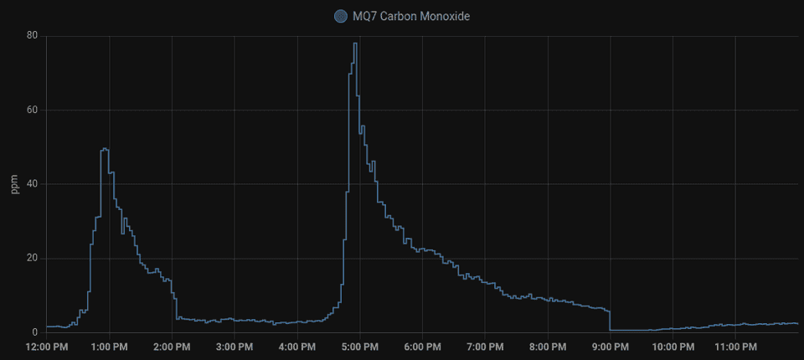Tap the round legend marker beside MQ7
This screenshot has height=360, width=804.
pos(341,16)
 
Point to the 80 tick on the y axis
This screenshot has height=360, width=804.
pos(31,36)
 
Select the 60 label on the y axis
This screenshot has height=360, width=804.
pos(31,110)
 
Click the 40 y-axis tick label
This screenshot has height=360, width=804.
pos(31,184)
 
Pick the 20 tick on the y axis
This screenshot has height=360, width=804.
pos(31,258)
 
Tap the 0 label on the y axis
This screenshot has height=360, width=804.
pos(34,332)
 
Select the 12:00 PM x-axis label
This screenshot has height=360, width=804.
pos(47,347)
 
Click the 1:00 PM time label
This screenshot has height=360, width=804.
pos(109,347)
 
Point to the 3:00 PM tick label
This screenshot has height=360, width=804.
pos(234,347)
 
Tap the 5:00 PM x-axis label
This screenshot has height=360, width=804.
pos(359,347)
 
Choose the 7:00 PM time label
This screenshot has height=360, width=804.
pos(485,347)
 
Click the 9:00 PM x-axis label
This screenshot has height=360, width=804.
pos(610,347)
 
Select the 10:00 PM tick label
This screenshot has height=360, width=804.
pos(673,347)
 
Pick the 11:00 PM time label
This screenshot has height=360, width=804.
pos(735,347)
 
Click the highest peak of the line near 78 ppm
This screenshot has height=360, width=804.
pos(355,44)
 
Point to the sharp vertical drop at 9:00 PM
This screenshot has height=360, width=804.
pos(610,320)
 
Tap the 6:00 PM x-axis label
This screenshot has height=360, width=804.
pos(422,347)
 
